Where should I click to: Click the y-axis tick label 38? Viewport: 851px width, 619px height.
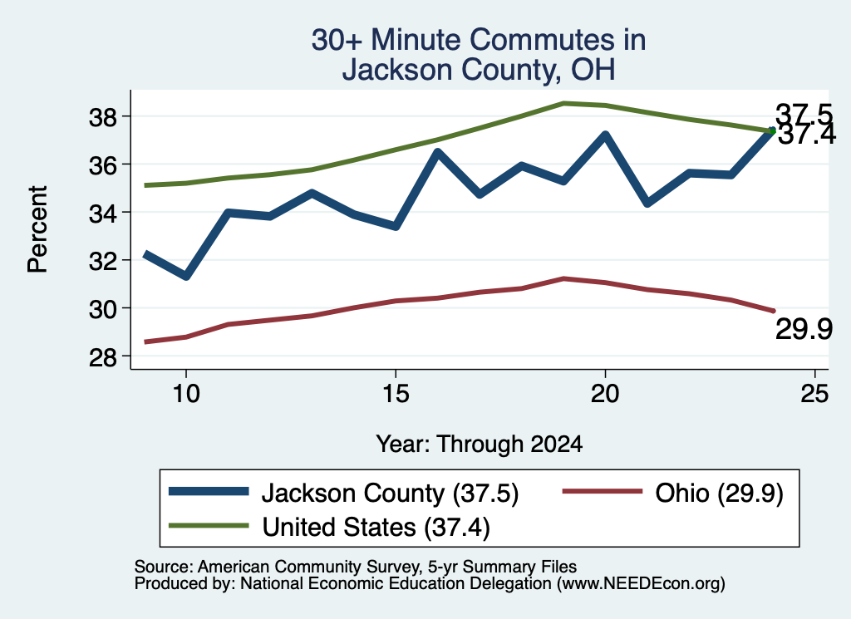coord(102,116)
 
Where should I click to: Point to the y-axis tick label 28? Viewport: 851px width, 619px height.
coord(102,356)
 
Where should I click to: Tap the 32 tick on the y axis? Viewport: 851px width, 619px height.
coord(102,261)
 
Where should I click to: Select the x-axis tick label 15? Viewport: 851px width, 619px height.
coord(396,393)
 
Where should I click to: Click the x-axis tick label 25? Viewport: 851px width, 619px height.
coord(814,393)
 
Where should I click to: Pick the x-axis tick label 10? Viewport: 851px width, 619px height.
coord(186,393)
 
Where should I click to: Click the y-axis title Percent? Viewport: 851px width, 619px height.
coord(37,229)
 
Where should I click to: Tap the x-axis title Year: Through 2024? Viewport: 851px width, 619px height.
coord(480,444)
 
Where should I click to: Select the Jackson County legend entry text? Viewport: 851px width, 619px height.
coord(391,493)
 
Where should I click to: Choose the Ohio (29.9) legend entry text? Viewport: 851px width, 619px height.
coord(719,493)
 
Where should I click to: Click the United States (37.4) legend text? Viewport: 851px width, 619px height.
coord(376,527)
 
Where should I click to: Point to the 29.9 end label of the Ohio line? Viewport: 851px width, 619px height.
coord(804,329)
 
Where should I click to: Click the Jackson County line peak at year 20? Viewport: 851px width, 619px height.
coord(605,135)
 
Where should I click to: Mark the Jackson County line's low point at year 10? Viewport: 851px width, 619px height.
coord(186,276)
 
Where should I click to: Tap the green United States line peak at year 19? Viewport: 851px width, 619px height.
coord(564,102)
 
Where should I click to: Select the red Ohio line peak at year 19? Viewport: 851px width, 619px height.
coord(564,278)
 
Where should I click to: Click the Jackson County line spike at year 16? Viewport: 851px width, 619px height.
coord(438,152)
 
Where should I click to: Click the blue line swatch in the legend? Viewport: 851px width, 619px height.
coord(209,492)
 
